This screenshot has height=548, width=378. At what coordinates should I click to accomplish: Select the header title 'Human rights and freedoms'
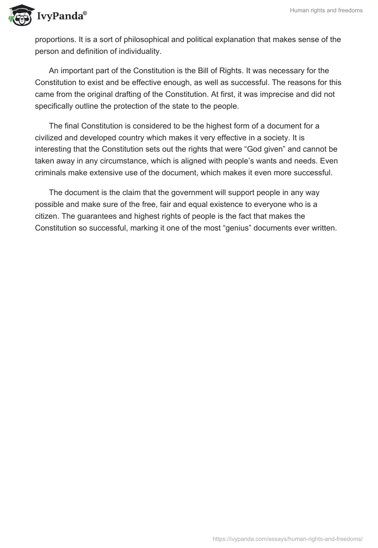[326, 10]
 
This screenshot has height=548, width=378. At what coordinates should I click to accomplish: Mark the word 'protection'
[137, 106]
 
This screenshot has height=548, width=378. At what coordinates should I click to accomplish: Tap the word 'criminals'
[52, 172]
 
